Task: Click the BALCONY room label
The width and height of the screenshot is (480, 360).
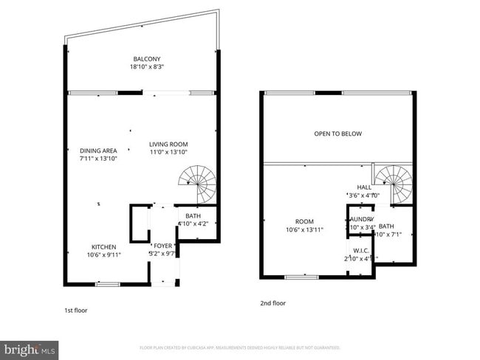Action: click(x=146, y=59)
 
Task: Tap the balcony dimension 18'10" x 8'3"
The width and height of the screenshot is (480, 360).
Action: click(x=146, y=67)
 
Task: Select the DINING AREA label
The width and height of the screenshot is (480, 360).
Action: click(x=98, y=150)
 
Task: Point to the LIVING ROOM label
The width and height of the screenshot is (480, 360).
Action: click(x=168, y=144)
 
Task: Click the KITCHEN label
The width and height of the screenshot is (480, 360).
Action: click(x=103, y=247)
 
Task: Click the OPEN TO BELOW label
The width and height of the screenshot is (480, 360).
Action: click(x=337, y=134)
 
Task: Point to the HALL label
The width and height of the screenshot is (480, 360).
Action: click(x=364, y=187)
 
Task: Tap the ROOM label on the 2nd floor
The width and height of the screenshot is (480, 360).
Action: click(x=304, y=221)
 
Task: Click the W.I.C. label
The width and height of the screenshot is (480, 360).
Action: click(x=360, y=250)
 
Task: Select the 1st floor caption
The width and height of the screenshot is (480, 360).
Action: click(x=76, y=311)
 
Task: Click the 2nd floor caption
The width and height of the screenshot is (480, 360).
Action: click(x=272, y=303)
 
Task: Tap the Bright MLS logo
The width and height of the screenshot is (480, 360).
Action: click(x=30, y=349)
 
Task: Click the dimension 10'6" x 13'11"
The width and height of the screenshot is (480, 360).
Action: click(x=304, y=230)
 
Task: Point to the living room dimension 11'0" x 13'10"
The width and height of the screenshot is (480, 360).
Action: click(x=168, y=152)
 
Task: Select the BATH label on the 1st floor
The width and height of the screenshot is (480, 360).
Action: click(x=193, y=216)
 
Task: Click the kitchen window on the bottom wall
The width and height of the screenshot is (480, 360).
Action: click(x=107, y=284)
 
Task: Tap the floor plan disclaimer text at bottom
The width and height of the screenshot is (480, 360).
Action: click(x=240, y=347)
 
